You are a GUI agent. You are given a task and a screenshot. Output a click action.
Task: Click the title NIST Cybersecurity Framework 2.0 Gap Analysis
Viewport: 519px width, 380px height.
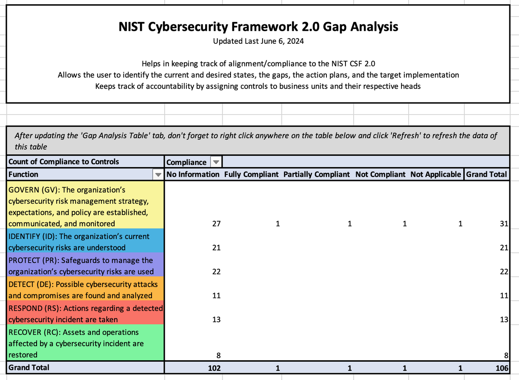pos(258,27)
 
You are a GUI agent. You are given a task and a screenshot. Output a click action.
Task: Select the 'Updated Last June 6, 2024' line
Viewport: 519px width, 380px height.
pos(258,41)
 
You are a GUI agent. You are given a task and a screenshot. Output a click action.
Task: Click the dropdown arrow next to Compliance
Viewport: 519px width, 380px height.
pos(216,162)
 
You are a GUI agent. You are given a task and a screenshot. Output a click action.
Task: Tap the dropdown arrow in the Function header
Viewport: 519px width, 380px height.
pos(158,175)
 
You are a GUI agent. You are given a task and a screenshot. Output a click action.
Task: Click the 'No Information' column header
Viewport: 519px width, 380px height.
pos(193,175)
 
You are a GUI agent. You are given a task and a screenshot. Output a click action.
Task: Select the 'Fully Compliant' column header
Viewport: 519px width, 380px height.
pos(251,175)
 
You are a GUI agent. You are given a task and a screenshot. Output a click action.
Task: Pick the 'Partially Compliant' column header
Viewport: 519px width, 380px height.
pos(316,175)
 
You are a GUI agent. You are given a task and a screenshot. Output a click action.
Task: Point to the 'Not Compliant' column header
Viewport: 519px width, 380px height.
pos(380,175)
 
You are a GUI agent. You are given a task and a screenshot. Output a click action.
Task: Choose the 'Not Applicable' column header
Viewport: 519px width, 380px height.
pos(435,175)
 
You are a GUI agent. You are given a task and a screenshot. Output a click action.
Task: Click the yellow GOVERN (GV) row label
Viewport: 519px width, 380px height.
pos(85,207)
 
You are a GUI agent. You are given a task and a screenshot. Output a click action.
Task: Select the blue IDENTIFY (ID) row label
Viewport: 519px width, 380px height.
pos(85,242)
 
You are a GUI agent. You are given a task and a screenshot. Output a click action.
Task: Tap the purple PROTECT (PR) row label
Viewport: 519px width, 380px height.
pos(85,266)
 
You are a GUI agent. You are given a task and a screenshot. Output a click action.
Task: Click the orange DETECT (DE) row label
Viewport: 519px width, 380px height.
pos(85,290)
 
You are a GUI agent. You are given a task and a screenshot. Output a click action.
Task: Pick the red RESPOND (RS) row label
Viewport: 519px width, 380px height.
pos(85,314)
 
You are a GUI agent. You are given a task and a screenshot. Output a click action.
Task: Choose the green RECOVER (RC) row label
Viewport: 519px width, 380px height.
pos(85,343)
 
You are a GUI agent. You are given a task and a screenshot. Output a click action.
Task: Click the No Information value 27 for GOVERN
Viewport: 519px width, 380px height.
pos(216,224)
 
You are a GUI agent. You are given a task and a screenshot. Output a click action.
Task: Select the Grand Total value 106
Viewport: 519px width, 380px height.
pos(502,368)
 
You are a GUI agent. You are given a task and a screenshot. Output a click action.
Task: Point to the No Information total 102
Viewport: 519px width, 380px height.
pos(214,368)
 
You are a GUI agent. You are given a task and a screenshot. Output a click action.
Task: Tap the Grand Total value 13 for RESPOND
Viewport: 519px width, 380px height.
pos(504,320)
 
